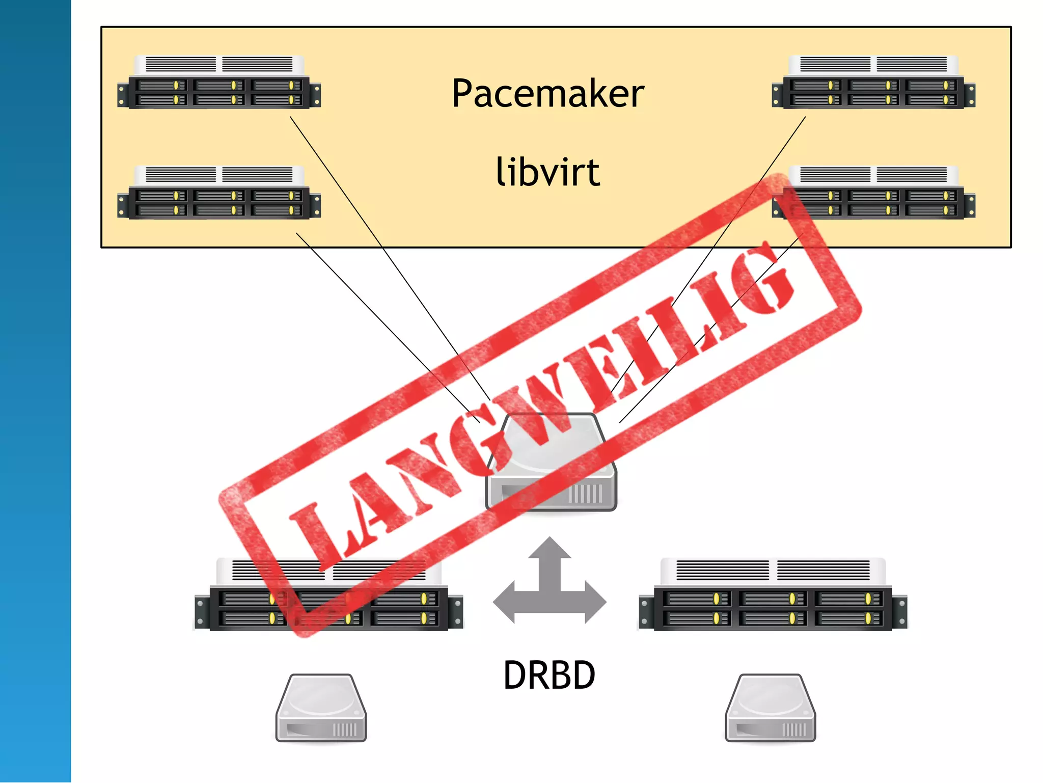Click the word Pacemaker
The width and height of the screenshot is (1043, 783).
[548, 94]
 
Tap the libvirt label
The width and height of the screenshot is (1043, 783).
[548, 172]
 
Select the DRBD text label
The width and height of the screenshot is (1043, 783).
[549, 675]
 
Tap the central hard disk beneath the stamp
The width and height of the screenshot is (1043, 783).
[551, 464]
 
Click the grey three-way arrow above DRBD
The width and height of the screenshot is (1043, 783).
[550, 586]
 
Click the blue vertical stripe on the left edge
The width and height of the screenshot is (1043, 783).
[35, 391]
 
